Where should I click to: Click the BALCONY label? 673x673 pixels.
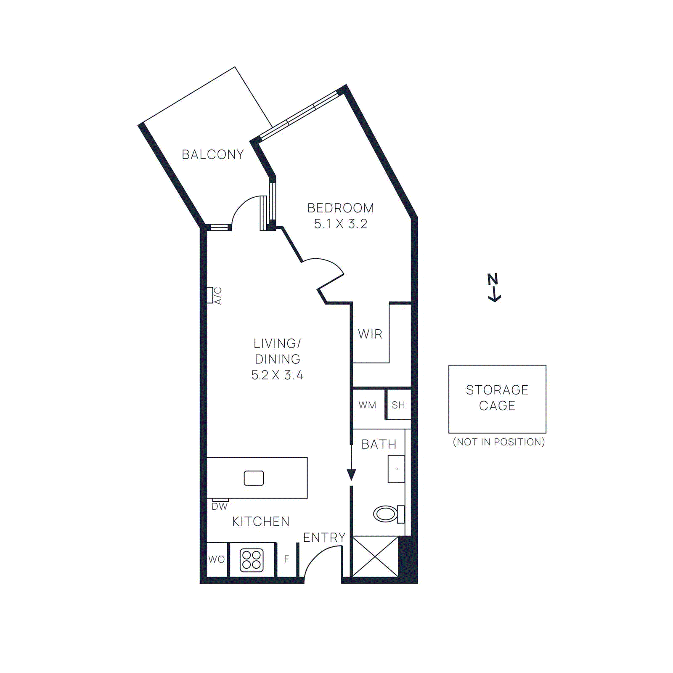pos(213,155)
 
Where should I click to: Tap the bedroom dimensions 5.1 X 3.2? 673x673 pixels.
pos(340,224)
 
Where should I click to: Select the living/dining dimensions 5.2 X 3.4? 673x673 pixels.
pos(277,375)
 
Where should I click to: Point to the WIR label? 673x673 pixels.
pos(370,334)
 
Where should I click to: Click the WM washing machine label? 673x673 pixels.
pos(367,405)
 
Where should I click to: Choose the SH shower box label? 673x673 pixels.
pos(398,405)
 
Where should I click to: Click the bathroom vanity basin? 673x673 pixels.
pos(396,469)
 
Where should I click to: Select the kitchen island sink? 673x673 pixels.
pos(254,478)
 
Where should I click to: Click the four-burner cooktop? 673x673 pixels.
pos(252,560)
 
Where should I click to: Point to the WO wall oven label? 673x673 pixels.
pos(217,559)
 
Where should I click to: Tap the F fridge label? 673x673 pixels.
pos(286,559)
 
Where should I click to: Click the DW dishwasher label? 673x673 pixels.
pos(220,507)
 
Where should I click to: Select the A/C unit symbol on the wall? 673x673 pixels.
pos(210,295)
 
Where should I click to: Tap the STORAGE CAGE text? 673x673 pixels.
pos(497,397)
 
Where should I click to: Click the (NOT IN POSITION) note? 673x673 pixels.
pos(498,442)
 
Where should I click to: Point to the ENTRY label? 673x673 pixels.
pos(324,538)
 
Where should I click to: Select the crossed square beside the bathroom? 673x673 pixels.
pos(375,556)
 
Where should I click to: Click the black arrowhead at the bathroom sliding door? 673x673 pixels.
pos(351,475)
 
